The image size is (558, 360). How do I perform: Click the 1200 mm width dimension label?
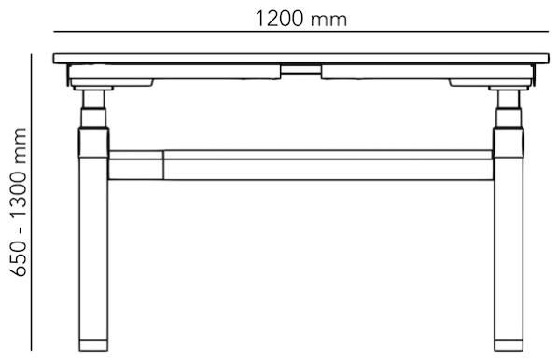(x=301, y=20)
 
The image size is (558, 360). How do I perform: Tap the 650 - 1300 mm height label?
(x=19, y=202)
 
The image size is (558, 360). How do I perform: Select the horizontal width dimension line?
(x=301, y=32)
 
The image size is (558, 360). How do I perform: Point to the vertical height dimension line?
(x=32, y=202)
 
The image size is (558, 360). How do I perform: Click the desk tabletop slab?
(x=301, y=59)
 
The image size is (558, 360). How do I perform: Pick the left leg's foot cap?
(x=93, y=345)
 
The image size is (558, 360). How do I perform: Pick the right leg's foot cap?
(x=509, y=345)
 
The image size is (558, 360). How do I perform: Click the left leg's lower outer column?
(x=93, y=249)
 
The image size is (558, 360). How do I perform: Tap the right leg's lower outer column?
(x=509, y=249)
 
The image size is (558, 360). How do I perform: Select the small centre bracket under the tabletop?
(x=301, y=69)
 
